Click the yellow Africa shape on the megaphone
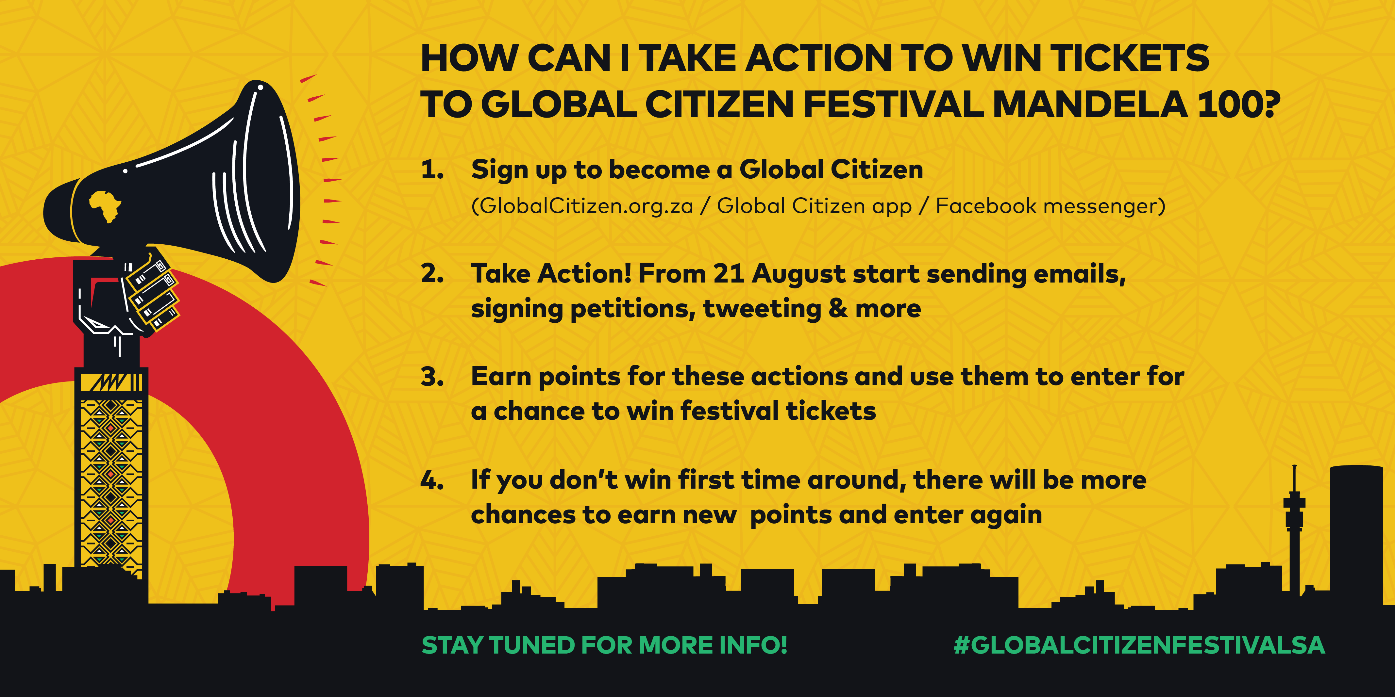105,206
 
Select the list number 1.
432,170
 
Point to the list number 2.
432,274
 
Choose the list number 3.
432,377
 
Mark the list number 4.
432,480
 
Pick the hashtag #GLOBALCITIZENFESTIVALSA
1139,645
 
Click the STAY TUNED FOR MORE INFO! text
604,645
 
